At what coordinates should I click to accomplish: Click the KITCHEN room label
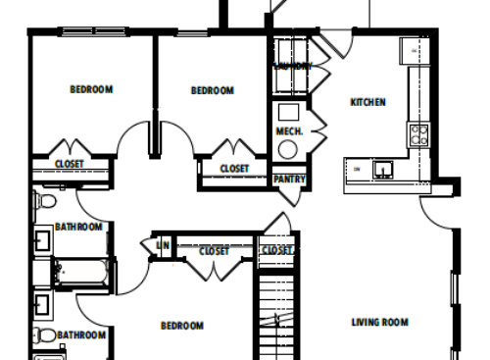click(x=367, y=102)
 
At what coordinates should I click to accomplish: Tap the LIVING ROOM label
click(x=379, y=322)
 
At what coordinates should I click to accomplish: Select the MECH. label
click(x=289, y=130)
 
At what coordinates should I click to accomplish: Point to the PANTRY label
click(x=288, y=180)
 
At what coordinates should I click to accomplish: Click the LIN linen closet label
click(x=162, y=244)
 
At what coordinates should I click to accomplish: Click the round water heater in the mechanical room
click(x=288, y=149)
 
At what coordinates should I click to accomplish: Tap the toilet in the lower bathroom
click(x=44, y=336)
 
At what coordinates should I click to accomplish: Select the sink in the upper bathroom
click(x=43, y=239)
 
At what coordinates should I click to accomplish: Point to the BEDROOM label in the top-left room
click(x=91, y=90)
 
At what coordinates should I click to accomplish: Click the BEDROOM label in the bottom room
click(x=181, y=326)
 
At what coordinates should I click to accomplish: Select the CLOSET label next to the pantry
click(x=234, y=169)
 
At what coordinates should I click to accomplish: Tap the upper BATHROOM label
click(x=78, y=227)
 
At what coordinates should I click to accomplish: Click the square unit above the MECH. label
click(x=289, y=111)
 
